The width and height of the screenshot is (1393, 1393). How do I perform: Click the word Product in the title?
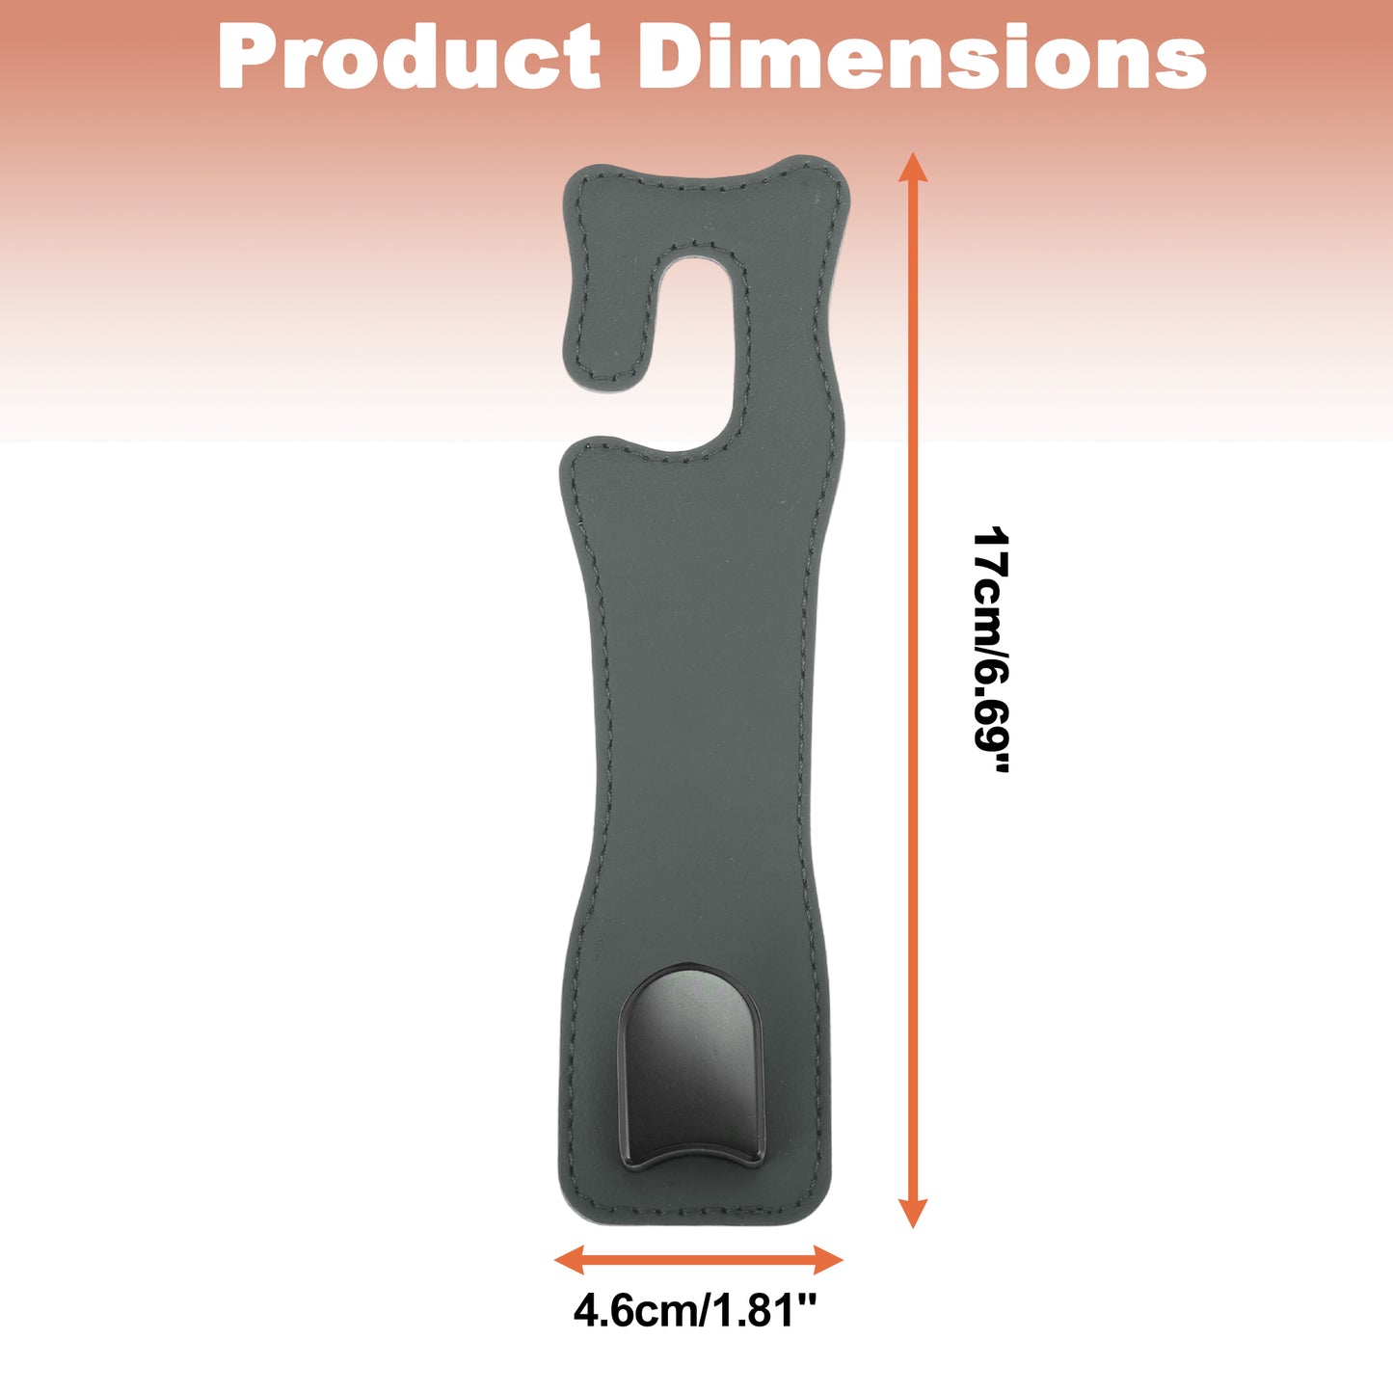(x=409, y=57)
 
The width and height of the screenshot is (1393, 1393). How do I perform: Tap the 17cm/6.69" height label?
(x=989, y=649)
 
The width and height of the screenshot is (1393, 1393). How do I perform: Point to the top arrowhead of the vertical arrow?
(x=912, y=167)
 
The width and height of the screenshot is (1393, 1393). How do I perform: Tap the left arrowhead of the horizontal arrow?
(x=570, y=1260)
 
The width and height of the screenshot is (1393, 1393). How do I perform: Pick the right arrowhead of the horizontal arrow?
(x=828, y=1260)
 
